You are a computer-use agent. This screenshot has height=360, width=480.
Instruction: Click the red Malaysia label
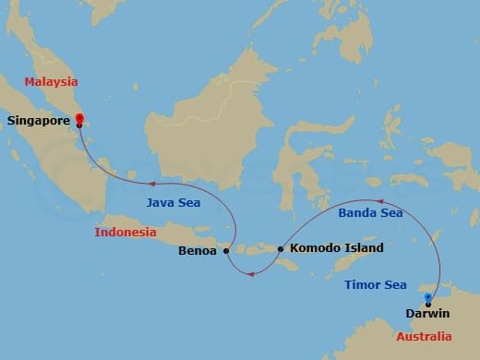tap(52, 82)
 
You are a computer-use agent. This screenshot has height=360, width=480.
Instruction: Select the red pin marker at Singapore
tap(79, 118)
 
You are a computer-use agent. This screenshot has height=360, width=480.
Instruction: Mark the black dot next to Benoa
tap(226, 250)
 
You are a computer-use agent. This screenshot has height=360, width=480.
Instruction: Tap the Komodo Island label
tap(336, 248)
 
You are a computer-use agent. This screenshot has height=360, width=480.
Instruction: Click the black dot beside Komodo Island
tap(280, 248)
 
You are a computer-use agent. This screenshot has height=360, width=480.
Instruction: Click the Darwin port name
tap(427, 313)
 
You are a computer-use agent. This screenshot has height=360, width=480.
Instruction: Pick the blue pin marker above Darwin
tap(427, 298)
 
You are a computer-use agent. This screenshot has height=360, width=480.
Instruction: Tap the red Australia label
tap(425, 336)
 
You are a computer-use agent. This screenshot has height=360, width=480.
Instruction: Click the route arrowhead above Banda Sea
tap(377, 199)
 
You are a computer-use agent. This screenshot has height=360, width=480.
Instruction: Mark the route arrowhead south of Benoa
tap(247, 272)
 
